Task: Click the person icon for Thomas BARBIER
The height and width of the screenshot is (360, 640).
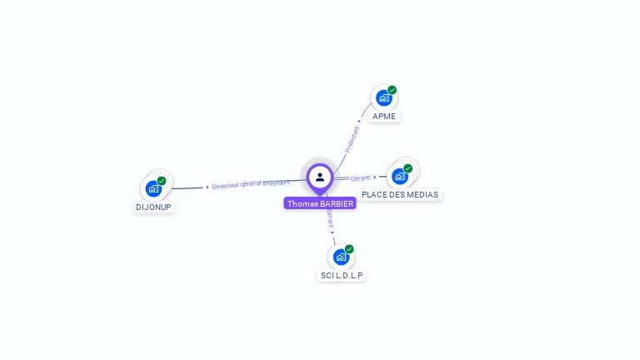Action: (320, 177)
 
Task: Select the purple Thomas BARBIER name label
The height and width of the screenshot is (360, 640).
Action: (320, 203)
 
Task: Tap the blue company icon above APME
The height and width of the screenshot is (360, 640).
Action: (383, 98)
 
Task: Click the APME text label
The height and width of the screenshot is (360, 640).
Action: (384, 116)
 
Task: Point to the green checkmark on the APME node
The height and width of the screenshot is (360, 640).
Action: (392, 90)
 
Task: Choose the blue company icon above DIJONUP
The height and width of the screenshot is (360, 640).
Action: (153, 189)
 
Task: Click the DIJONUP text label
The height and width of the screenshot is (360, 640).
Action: (153, 207)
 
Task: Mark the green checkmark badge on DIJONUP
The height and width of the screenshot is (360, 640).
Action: (162, 181)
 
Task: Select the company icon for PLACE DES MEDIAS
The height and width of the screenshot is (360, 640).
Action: (400, 177)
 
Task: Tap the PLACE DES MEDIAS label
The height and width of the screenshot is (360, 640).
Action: (400, 194)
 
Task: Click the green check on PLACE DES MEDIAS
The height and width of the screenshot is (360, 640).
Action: (408, 168)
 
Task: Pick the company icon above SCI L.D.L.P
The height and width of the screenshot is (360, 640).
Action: (340, 257)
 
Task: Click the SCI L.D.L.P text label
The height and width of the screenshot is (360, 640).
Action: (342, 275)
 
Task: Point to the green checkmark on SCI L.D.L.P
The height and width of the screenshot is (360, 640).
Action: (349, 249)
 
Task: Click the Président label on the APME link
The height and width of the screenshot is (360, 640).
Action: (353, 138)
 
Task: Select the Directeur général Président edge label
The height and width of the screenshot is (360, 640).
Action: (251, 184)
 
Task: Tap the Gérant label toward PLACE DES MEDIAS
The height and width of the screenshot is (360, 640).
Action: (359, 178)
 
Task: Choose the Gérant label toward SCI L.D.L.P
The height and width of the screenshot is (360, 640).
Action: (330, 218)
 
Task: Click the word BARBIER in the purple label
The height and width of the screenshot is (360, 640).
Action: (337, 203)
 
